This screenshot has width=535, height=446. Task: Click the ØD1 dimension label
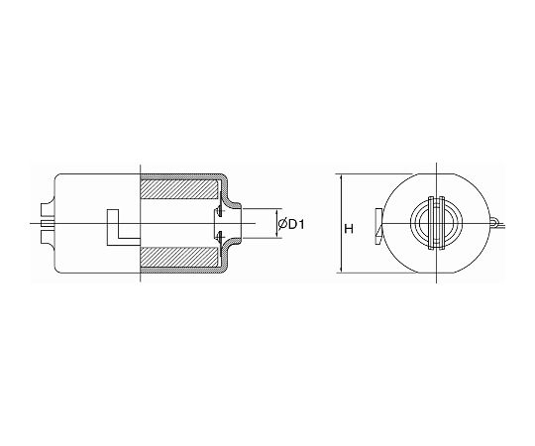click(291, 224)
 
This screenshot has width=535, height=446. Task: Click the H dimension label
click(349, 229)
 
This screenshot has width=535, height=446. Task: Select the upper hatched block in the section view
click(179, 189)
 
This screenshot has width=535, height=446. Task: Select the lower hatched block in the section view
click(179, 257)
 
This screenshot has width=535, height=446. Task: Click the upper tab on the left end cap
click(48, 209)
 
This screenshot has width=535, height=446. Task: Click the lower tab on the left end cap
click(48, 237)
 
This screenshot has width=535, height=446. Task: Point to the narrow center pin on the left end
click(48, 224)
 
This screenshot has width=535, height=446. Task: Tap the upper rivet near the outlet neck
click(219, 211)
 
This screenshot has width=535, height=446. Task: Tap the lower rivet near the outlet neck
click(219, 236)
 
